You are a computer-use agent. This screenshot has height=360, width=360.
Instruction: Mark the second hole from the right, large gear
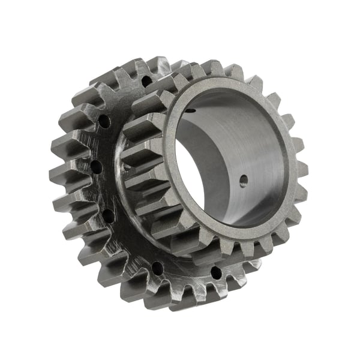[157, 267]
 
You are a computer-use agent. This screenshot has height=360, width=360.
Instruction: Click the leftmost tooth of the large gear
[60, 175]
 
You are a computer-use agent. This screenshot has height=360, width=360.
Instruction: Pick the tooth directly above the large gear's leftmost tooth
[63, 147]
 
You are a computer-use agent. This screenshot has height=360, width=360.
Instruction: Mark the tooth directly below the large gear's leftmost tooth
[66, 201]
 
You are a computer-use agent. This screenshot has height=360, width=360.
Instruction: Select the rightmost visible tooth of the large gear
[252, 264]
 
